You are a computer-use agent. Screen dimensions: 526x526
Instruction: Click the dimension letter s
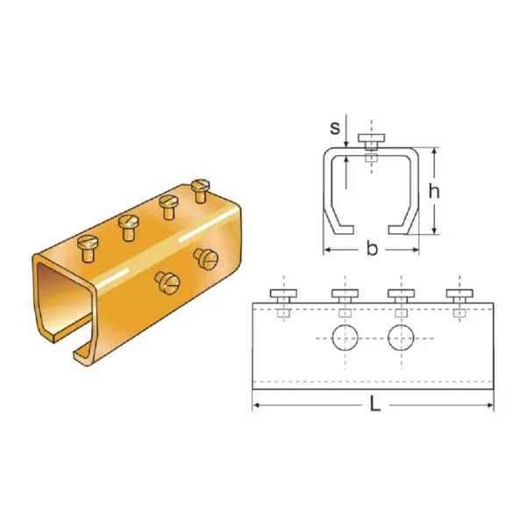click(x=335, y=128)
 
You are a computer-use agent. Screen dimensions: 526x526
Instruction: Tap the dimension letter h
click(x=434, y=191)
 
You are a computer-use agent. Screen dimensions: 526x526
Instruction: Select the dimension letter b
click(x=372, y=249)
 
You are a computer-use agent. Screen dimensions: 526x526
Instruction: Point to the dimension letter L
click(x=374, y=403)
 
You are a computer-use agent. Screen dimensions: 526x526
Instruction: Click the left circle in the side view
click(x=345, y=338)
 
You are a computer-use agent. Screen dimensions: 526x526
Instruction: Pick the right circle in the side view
click(x=401, y=338)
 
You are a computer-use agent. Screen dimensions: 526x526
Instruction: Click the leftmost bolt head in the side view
click(x=283, y=294)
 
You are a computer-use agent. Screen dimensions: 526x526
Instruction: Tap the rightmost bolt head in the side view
click(x=459, y=294)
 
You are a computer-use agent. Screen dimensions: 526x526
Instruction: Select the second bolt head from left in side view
click(x=345, y=294)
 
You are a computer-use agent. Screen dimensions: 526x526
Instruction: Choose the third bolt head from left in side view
click(x=402, y=294)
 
